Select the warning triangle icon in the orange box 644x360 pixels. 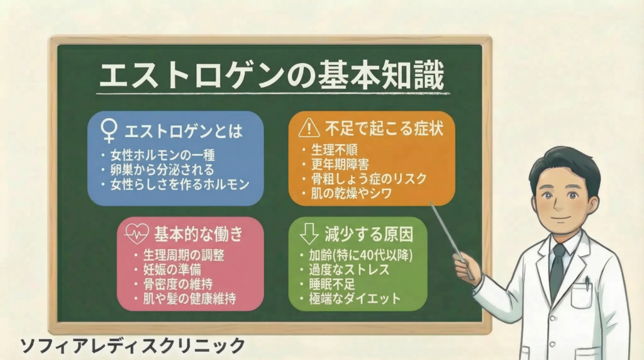(x=309, y=128)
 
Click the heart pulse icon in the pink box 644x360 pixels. (x=137, y=233)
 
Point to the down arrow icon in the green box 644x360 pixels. (x=309, y=234)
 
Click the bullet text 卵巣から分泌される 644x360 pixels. (x=162, y=170)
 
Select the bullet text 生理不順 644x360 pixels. (x=334, y=150)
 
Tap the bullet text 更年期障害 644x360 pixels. (x=340, y=164)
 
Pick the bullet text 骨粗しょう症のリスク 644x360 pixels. (x=369, y=179)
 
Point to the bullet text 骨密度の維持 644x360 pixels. (x=178, y=284)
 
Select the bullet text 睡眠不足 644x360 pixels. (x=332, y=284)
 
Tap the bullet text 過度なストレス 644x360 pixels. (x=349, y=270)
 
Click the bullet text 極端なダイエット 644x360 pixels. (x=355, y=299)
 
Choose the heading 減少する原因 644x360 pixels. (x=369, y=235)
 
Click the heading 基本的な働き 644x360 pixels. (x=198, y=234)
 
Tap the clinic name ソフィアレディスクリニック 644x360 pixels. (x=133, y=346)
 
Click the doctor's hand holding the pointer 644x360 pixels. (x=467, y=267)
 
